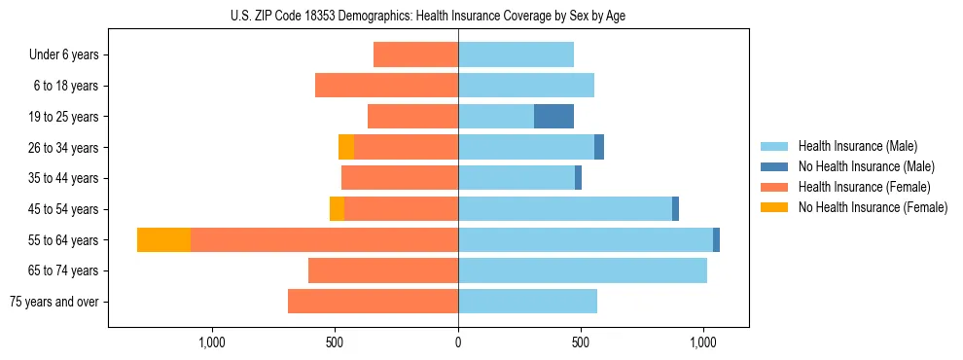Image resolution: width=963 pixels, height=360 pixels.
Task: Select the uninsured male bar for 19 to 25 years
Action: click(553, 117)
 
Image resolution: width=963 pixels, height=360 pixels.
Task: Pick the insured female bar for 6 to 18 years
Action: click(386, 86)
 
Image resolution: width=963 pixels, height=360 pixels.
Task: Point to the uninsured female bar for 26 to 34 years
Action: click(346, 147)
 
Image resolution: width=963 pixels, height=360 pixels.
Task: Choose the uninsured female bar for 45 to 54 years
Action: click(337, 209)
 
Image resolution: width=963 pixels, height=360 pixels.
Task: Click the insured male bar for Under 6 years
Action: click(516, 54)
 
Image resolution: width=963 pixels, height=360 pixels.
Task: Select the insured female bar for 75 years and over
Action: click(373, 302)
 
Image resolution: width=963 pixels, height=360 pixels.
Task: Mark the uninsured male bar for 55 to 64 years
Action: click(716, 239)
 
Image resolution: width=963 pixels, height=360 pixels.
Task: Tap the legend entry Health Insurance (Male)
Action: click(857, 146)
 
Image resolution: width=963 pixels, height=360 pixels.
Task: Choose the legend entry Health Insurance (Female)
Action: click(864, 187)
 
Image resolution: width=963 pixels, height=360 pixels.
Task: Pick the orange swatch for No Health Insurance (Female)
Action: click(774, 207)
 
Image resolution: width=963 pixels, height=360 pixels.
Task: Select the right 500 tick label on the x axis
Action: click(581, 342)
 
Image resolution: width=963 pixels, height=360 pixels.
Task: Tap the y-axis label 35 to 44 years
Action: click(65, 178)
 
